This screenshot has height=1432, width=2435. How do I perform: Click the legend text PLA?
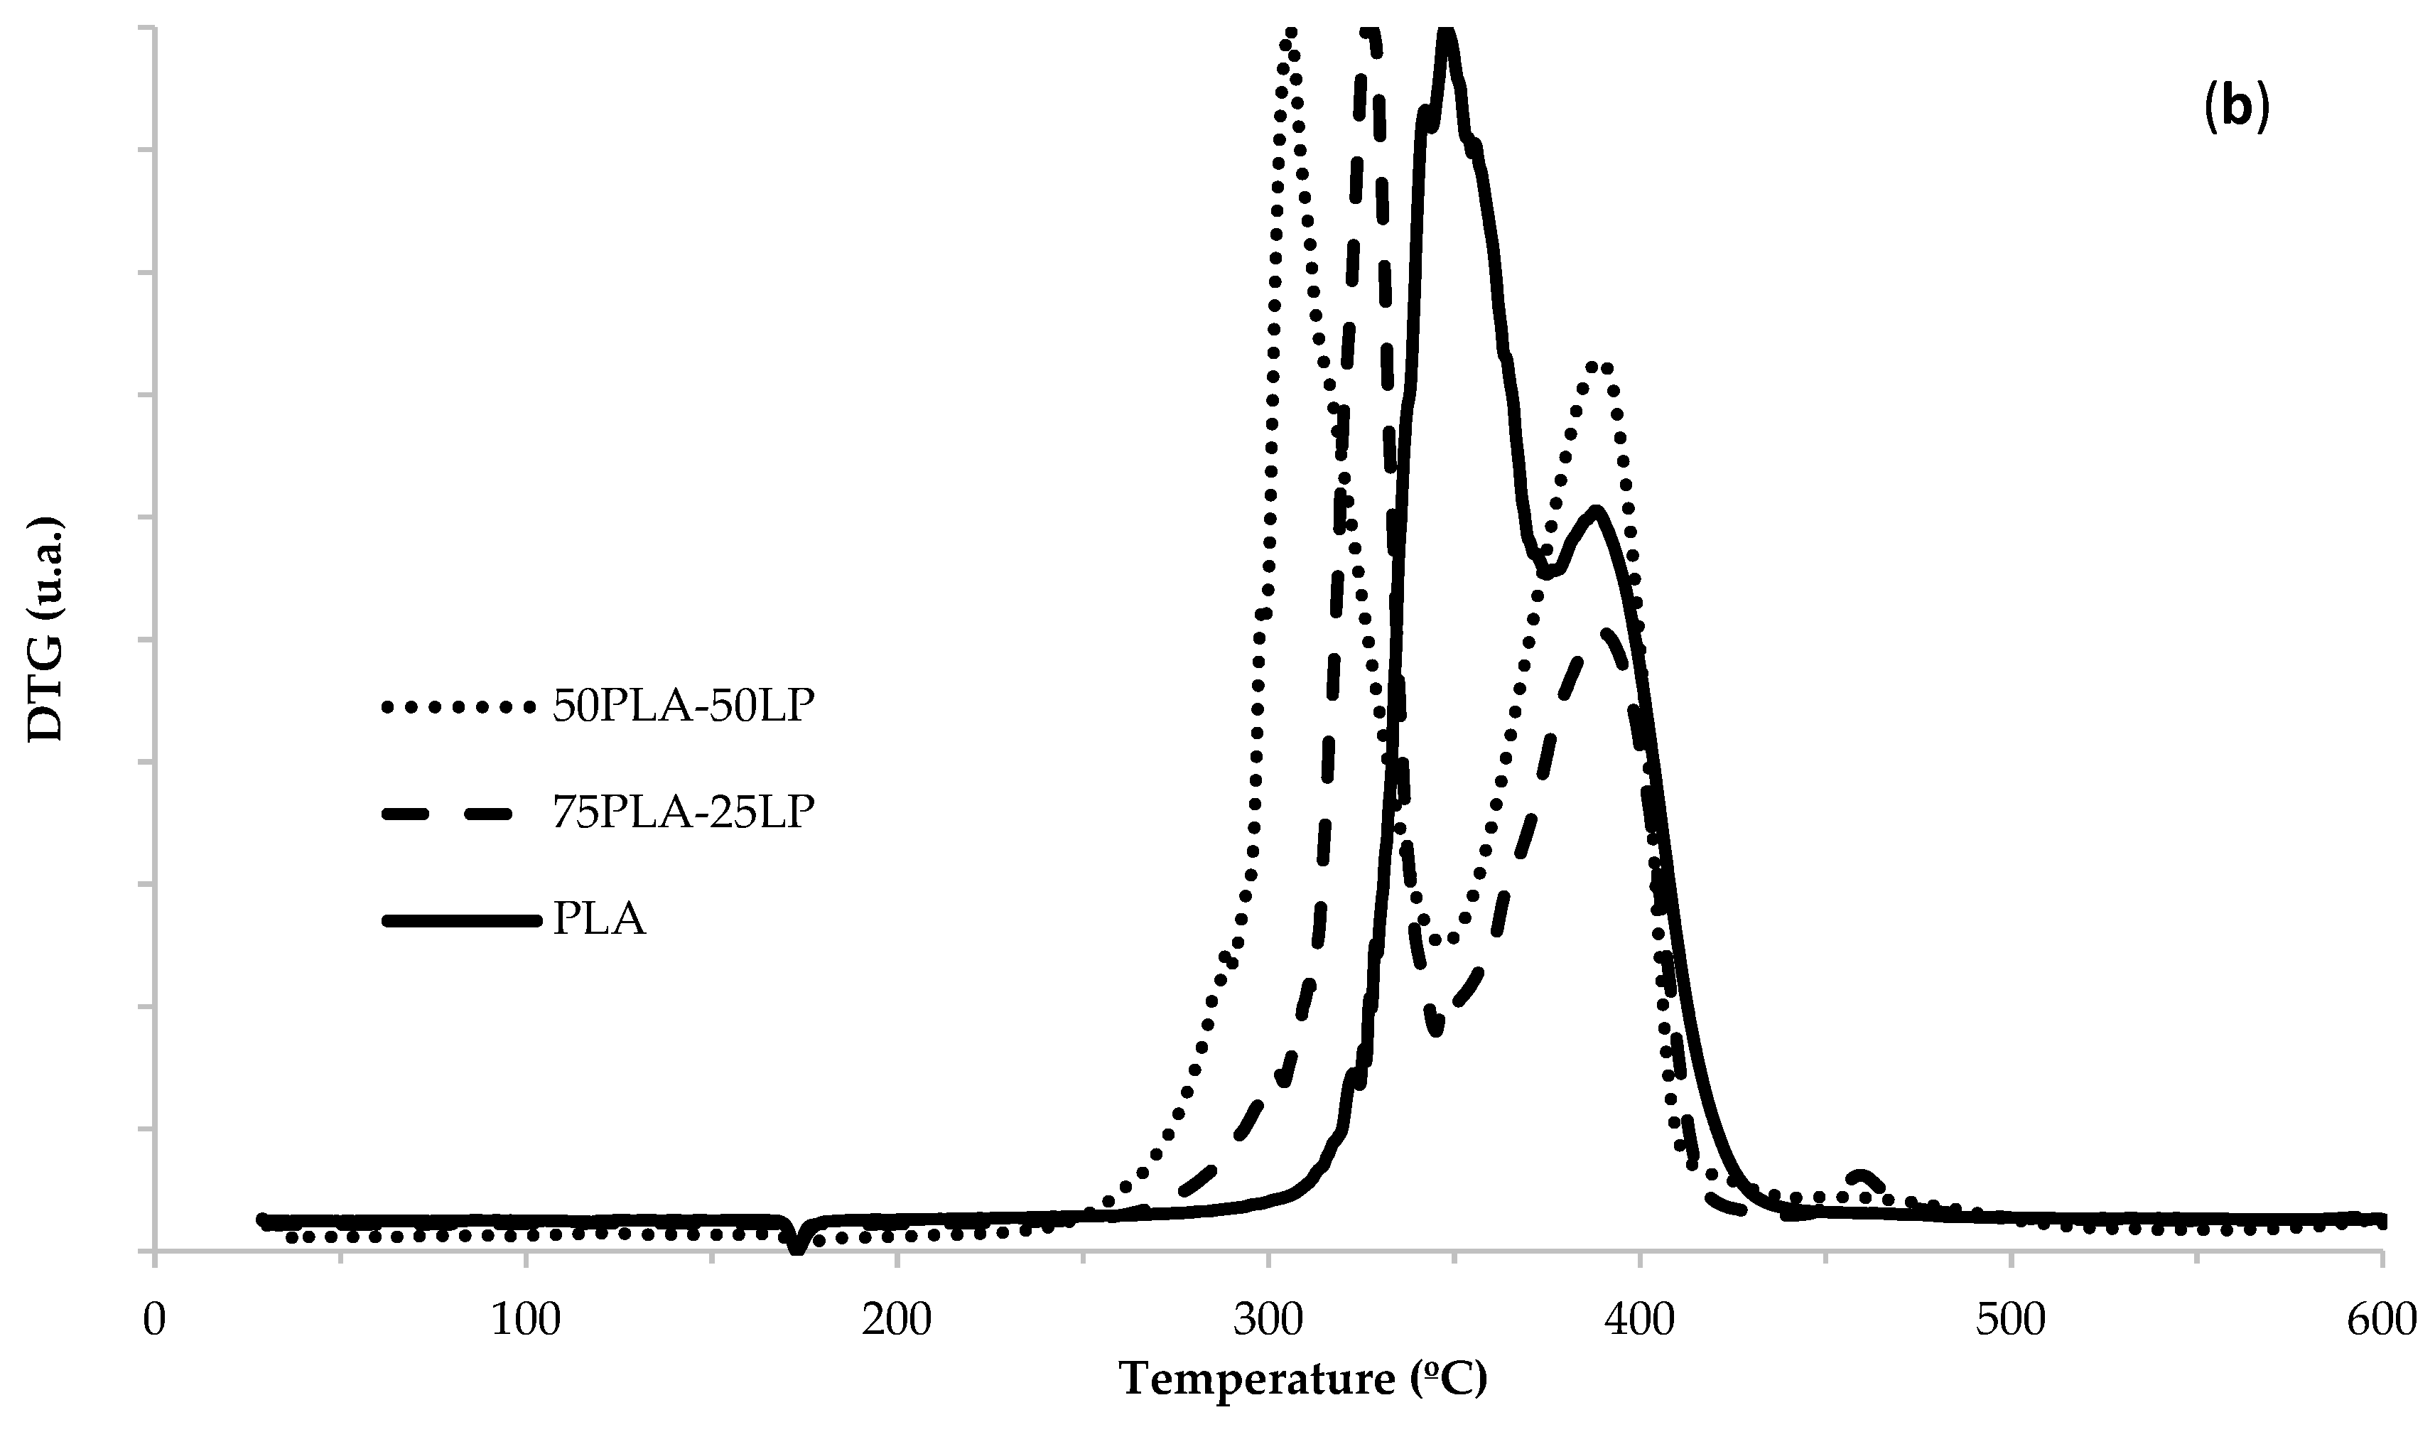[x=598, y=919]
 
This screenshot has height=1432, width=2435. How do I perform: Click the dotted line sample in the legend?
[x=458, y=709]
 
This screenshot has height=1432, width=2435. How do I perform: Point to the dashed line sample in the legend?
[x=458, y=814]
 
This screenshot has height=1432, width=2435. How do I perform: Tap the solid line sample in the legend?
[x=458, y=920]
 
